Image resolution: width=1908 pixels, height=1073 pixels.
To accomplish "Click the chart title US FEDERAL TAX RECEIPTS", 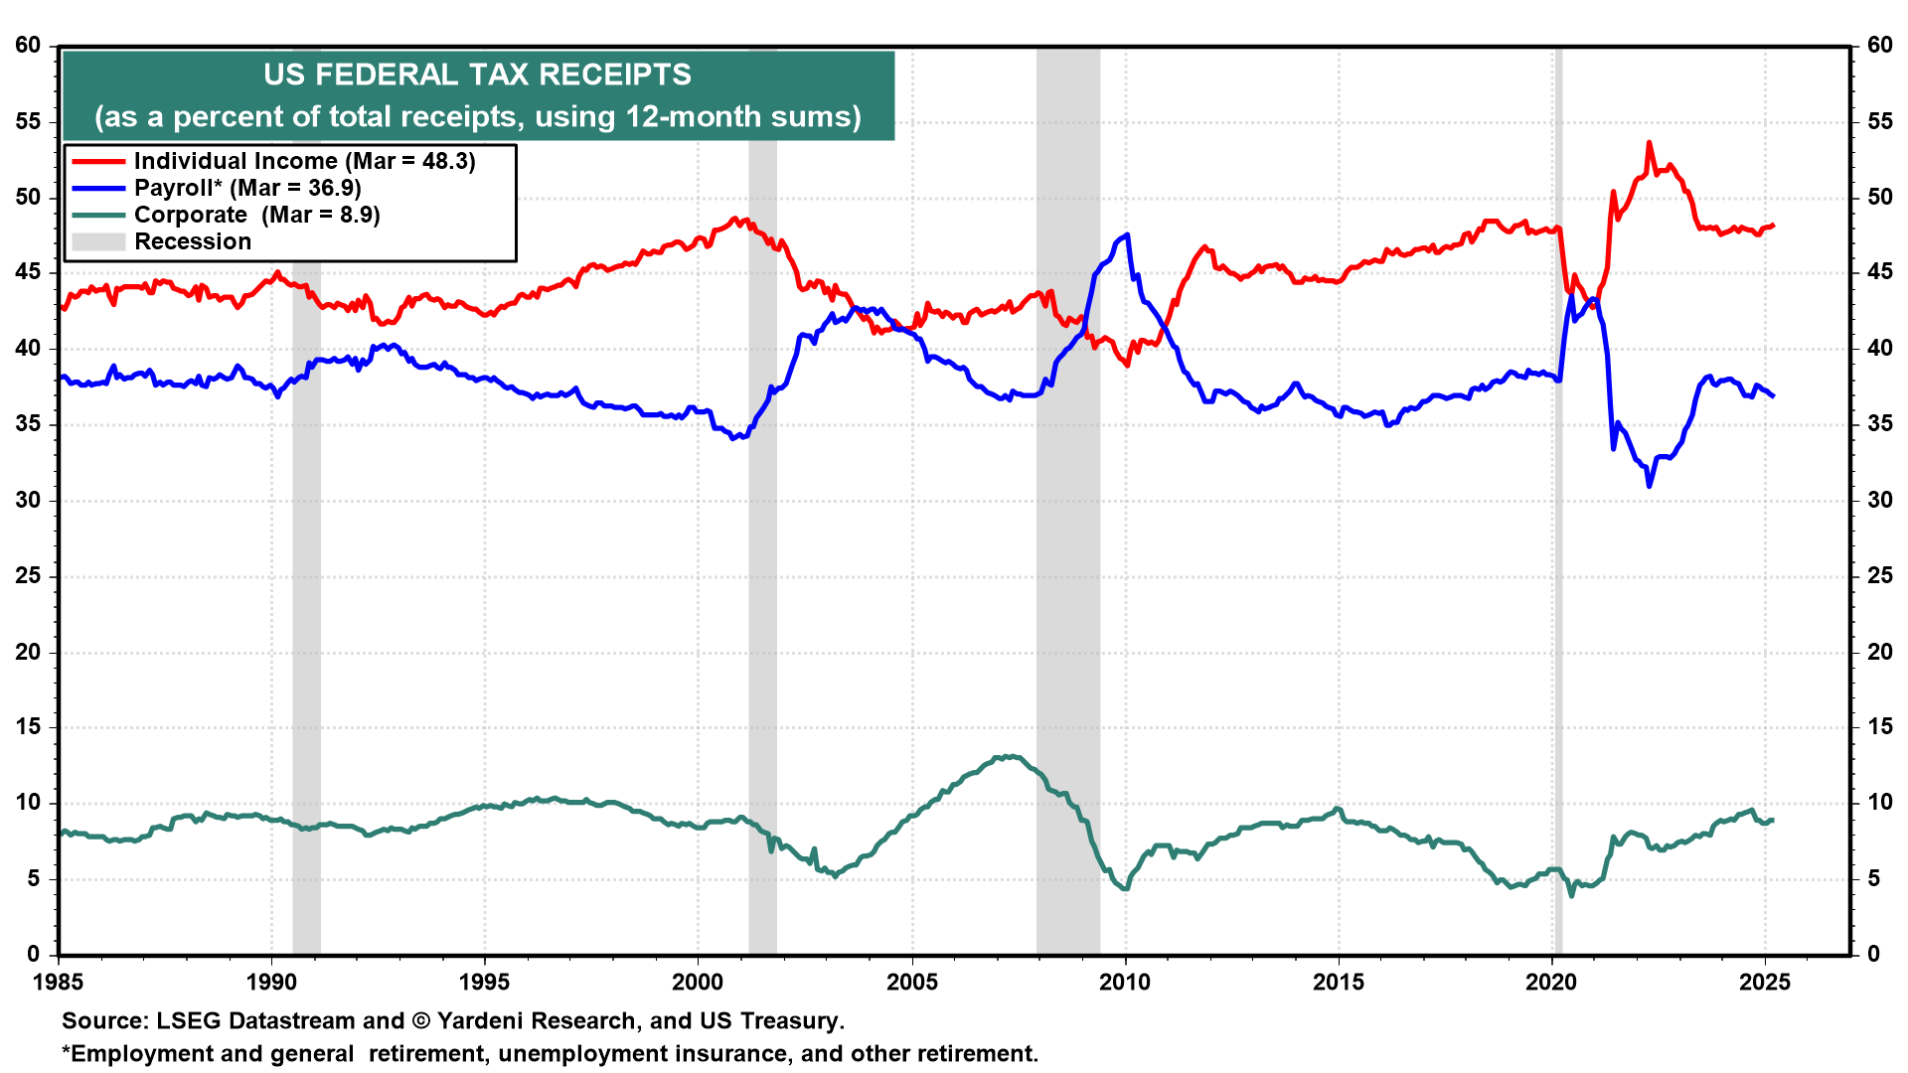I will [x=477, y=76].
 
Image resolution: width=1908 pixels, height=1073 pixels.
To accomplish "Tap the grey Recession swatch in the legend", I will [x=98, y=241].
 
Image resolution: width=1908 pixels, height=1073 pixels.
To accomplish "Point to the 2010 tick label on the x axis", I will [x=1125, y=983].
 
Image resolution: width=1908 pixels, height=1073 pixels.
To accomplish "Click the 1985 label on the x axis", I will [x=59, y=983].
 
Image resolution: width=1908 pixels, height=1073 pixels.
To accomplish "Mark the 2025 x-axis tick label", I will [x=1766, y=983].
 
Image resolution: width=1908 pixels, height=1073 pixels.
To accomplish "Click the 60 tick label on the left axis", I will [x=28, y=46].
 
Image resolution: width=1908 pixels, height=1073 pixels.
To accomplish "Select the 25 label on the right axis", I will [x=1879, y=576].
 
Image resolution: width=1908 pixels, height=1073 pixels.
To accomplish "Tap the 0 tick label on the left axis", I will [x=35, y=955].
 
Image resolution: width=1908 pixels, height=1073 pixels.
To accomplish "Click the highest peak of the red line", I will [x=1649, y=143].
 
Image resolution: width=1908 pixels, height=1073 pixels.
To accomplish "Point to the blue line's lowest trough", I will [x=1650, y=486].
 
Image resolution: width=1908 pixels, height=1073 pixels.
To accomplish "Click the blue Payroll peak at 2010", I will [x=1127, y=235].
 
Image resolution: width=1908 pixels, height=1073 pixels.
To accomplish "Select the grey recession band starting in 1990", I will [x=306, y=596].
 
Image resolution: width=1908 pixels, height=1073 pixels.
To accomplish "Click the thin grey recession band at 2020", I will [x=1558, y=596].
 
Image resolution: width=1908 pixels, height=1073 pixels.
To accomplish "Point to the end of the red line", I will [x=1774, y=226].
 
